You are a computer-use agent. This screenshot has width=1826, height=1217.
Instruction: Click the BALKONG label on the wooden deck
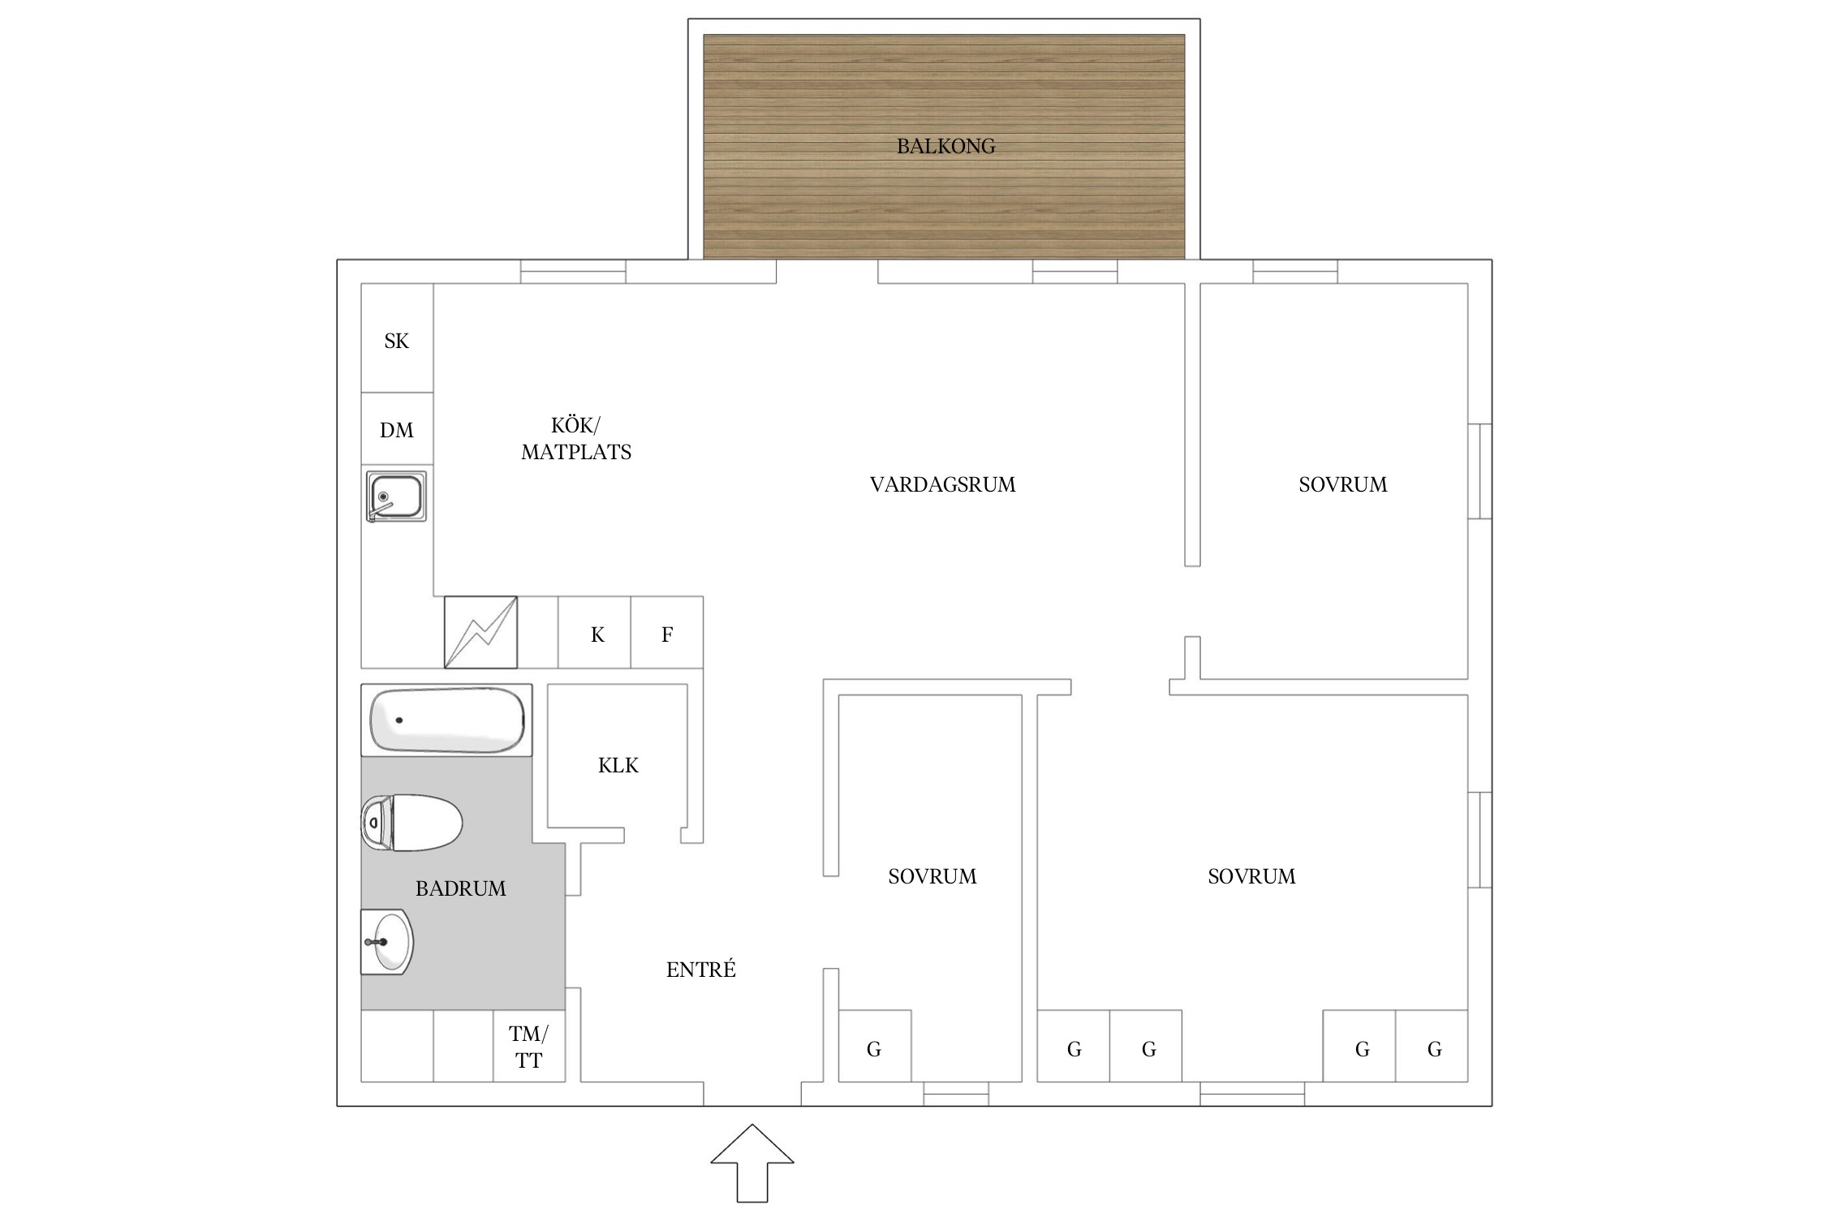[945, 146]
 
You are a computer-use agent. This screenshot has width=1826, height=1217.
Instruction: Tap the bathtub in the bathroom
[447, 720]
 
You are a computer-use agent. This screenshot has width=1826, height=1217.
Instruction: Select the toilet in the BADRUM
[411, 823]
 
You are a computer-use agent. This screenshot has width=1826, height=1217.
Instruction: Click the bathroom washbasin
[387, 942]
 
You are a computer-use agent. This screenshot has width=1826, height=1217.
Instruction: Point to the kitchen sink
[396, 496]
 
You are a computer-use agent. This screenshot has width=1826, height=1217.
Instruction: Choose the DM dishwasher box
[397, 429]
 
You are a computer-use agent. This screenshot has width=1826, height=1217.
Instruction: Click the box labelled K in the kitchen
[594, 633]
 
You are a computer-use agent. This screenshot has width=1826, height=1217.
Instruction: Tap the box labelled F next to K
[667, 633]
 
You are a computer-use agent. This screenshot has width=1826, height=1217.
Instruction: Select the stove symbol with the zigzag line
[480, 633]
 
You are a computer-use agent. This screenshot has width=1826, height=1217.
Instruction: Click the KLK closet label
[618, 765]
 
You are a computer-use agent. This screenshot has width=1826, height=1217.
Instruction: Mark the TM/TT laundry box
[529, 1046]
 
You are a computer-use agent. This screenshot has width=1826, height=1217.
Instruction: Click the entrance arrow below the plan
[752, 1163]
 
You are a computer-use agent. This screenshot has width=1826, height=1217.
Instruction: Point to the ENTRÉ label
[701, 970]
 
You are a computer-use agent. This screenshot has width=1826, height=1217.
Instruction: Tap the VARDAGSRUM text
[943, 484]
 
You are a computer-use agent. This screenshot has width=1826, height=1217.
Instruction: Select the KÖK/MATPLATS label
[576, 438]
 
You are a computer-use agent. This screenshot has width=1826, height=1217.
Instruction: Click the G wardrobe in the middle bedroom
[875, 1046]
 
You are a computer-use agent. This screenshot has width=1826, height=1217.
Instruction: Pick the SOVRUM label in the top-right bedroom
[1343, 484]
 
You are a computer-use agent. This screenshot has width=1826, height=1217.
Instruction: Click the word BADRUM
[461, 888]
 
